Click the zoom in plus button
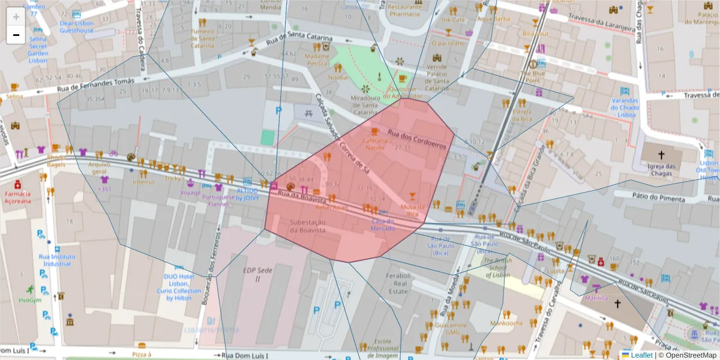pos(16,16)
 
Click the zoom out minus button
pos(16,35)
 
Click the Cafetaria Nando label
pos(374,143)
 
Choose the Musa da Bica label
pos(412,210)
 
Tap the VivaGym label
pos(29,301)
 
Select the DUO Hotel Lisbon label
pos(178,287)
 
